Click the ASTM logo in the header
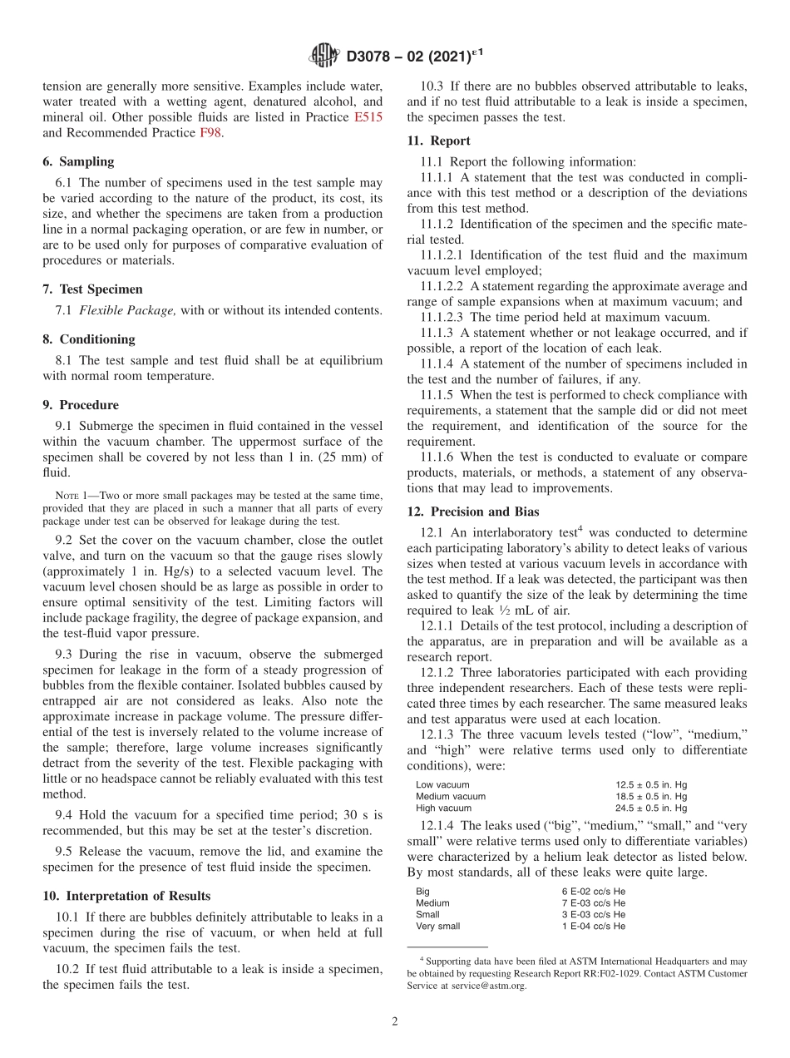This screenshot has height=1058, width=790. point(323,57)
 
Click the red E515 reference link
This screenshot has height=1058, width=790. point(368,117)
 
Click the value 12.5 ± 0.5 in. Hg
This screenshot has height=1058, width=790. point(651,784)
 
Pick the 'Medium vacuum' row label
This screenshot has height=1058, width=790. point(451,796)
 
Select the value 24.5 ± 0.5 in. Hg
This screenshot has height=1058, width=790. point(651,808)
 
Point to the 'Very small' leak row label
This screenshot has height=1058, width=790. point(437,926)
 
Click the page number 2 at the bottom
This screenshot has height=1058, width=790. point(395,1022)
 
